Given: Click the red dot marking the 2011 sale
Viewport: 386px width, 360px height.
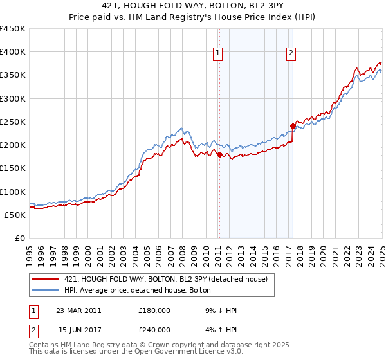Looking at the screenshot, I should [219, 154].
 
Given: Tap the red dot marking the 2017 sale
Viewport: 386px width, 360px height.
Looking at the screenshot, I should [293, 126].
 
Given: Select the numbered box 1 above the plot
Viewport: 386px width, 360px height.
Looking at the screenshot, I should [219, 54].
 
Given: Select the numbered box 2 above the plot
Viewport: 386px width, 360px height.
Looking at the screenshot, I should [291, 54].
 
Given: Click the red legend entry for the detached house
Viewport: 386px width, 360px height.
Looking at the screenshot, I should [170, 278].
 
